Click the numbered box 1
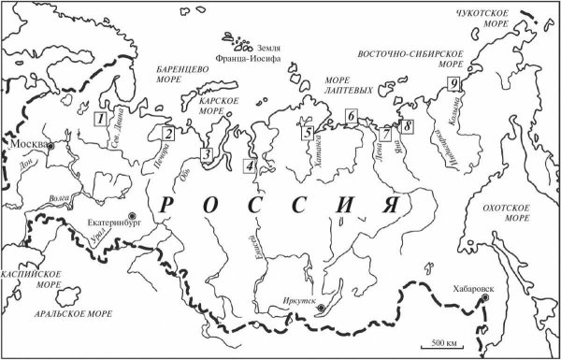pyautogui.click(x=98, y=118)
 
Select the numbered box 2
pyautogui.click(x=167, y=134)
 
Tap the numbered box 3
pyautogui.click(x=209, y=154)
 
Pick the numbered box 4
pyautogui.click(x=248, y=166)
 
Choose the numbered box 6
pyautogui.click(x=351, y=116)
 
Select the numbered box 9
pyautogui.click(x=453, y=84)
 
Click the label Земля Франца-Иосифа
pyautogui.click(x=274, y=51)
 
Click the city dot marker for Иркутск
pyautogui.click(x=321, y=308)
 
